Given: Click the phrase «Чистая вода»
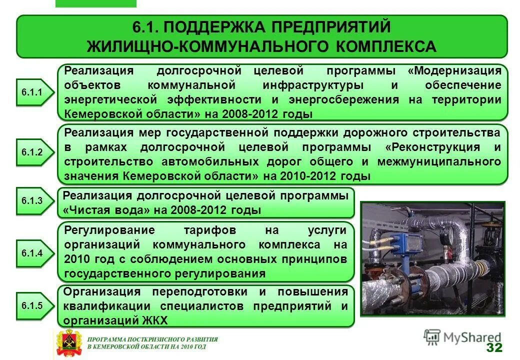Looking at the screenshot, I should (106, 210).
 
